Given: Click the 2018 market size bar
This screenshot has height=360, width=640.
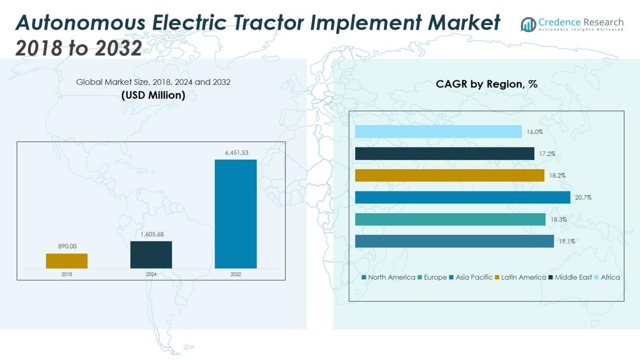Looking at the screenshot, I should tap(67, 261).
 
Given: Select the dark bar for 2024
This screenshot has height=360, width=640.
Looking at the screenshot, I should tap(151, 254).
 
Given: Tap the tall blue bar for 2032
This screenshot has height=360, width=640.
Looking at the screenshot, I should tap(235, 214).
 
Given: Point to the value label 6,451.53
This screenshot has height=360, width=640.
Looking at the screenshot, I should tap(236, 152).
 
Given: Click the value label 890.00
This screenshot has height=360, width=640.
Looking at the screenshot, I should tap(67, 246).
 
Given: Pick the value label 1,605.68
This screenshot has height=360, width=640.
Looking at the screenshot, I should tap(151, 234).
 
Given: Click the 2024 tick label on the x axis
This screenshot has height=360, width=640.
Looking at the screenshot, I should tap(151, 274).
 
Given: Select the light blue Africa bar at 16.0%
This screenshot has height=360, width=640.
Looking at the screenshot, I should tap(438, 132).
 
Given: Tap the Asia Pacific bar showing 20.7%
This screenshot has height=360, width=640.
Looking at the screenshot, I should tap(462, 197).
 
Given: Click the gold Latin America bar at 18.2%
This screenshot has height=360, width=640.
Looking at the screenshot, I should tap(449, 175).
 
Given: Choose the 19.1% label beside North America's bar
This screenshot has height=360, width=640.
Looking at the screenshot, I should tap(567, 241).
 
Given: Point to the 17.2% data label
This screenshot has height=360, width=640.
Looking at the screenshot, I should tap(547, 153).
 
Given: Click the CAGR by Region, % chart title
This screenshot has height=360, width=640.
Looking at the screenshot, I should tap(486, 84).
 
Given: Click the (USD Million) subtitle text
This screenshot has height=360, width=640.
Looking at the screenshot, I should tap(153, 95).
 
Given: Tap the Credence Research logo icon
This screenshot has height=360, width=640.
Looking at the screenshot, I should tap(529, 24).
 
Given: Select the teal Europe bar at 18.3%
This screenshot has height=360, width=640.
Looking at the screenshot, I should tap(450, 219).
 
